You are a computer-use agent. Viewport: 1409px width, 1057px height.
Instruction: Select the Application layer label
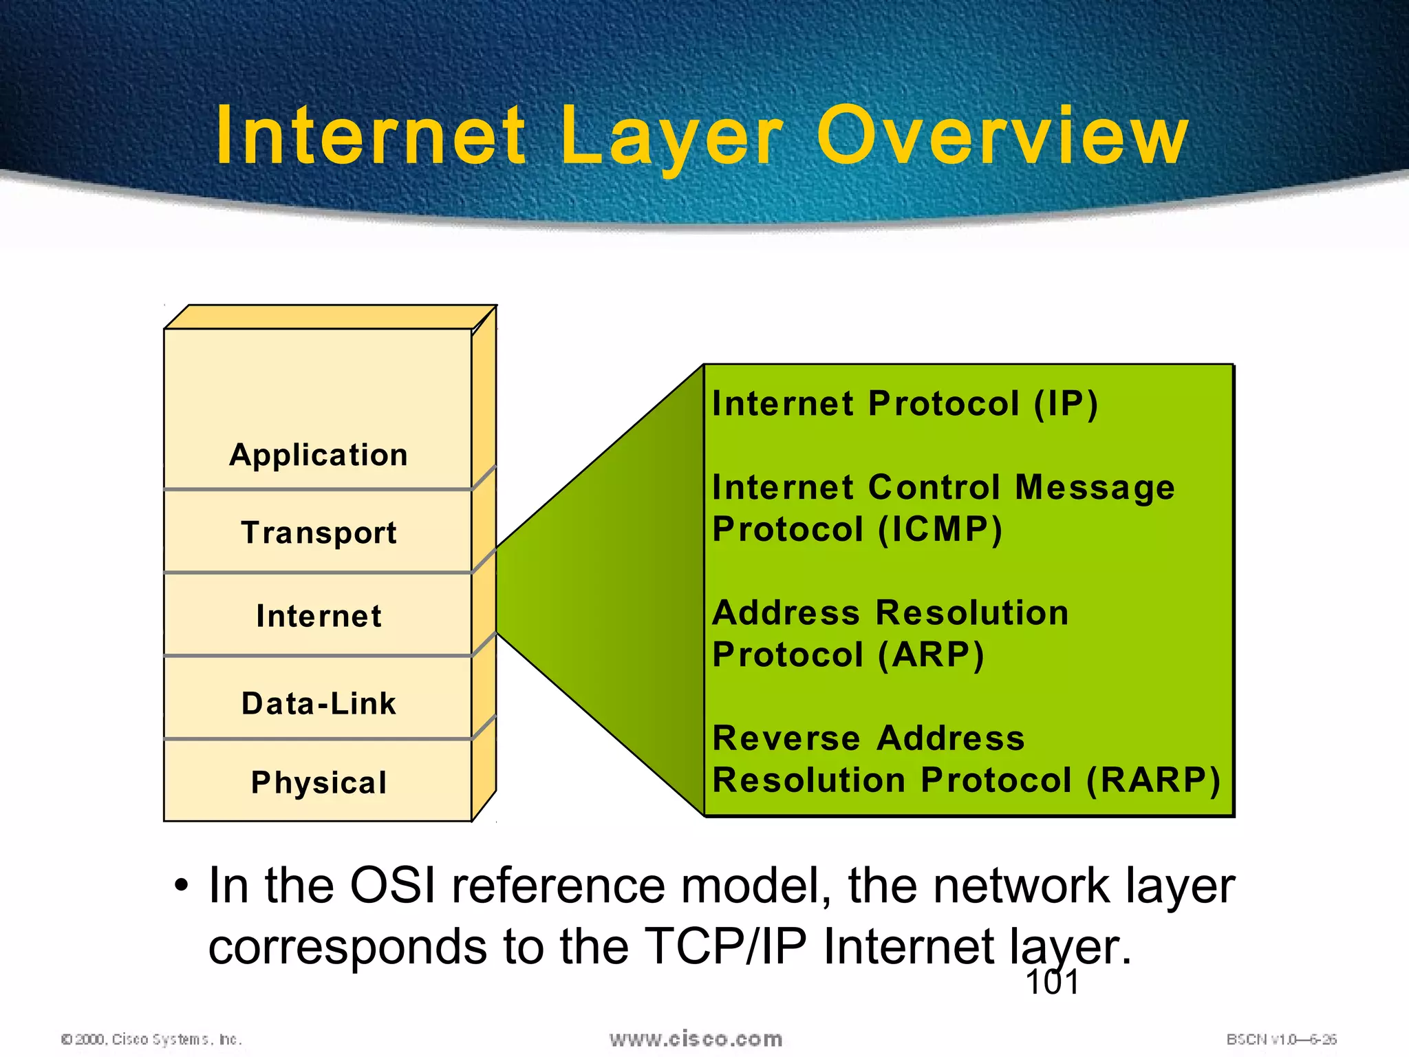point(319,455)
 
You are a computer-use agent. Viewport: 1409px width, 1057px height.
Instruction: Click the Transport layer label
point(319,533)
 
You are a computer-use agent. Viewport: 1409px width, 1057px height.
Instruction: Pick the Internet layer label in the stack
point(319,616)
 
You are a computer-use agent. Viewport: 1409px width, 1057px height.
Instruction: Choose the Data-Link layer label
point(319,703)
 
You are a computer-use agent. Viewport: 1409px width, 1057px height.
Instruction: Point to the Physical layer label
point(319,782)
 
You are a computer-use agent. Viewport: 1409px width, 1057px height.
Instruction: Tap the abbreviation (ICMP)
point(940,529)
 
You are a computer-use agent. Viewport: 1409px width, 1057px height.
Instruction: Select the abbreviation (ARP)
point(931,654)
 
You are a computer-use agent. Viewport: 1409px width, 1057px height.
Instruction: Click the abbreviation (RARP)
point(1153,780)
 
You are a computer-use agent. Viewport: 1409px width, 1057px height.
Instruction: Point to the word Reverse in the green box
point(786,738)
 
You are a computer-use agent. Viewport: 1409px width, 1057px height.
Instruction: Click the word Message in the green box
point(1095,487)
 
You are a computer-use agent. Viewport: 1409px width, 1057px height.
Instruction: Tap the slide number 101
point(1052,982)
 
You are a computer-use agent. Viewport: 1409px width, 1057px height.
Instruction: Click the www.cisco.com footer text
point(696,1039)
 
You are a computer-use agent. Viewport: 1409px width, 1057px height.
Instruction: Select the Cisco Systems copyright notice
point(151,1039)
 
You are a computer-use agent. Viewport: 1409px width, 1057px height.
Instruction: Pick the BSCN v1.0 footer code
point(1281,1039)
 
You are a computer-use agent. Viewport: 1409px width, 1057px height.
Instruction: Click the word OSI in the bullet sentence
point(392,885)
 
